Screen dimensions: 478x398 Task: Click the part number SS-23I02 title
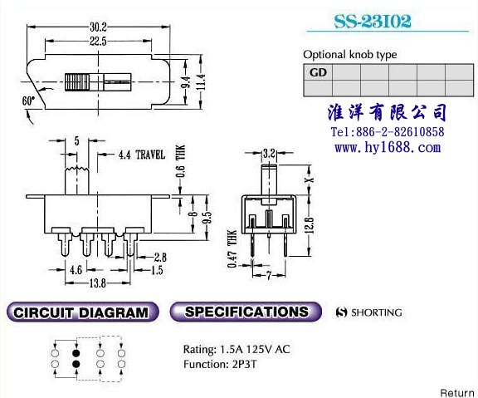click(373, 21)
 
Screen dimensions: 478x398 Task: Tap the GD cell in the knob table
click(318, 72)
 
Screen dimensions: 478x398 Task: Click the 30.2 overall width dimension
click(98, 27)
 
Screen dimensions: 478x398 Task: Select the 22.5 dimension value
click(98, 41)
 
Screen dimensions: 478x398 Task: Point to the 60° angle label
click(28, 101)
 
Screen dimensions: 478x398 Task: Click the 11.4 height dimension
click(201, 82)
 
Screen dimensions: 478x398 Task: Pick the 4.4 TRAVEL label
click(142, 155)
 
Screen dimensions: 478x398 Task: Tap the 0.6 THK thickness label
click(180, 161)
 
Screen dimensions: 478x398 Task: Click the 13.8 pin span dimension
click(98, 283)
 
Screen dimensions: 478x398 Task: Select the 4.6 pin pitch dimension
click(76, 270)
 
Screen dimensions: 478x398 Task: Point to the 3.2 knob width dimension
click(269, 153)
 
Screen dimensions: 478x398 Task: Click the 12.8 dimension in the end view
click(309, 225)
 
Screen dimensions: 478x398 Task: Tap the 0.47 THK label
click(232, 248)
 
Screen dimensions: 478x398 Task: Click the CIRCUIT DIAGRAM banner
click(82, 312)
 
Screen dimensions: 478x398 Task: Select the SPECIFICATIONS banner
click(246, 312)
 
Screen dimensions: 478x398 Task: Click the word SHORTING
click(377, 312)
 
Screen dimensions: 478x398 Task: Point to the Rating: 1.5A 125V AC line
click(237, 349)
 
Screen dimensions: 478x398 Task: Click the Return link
click(457, 393)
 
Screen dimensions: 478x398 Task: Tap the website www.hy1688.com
click(388, 147)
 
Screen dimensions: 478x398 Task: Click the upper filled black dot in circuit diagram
click(76, 353)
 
